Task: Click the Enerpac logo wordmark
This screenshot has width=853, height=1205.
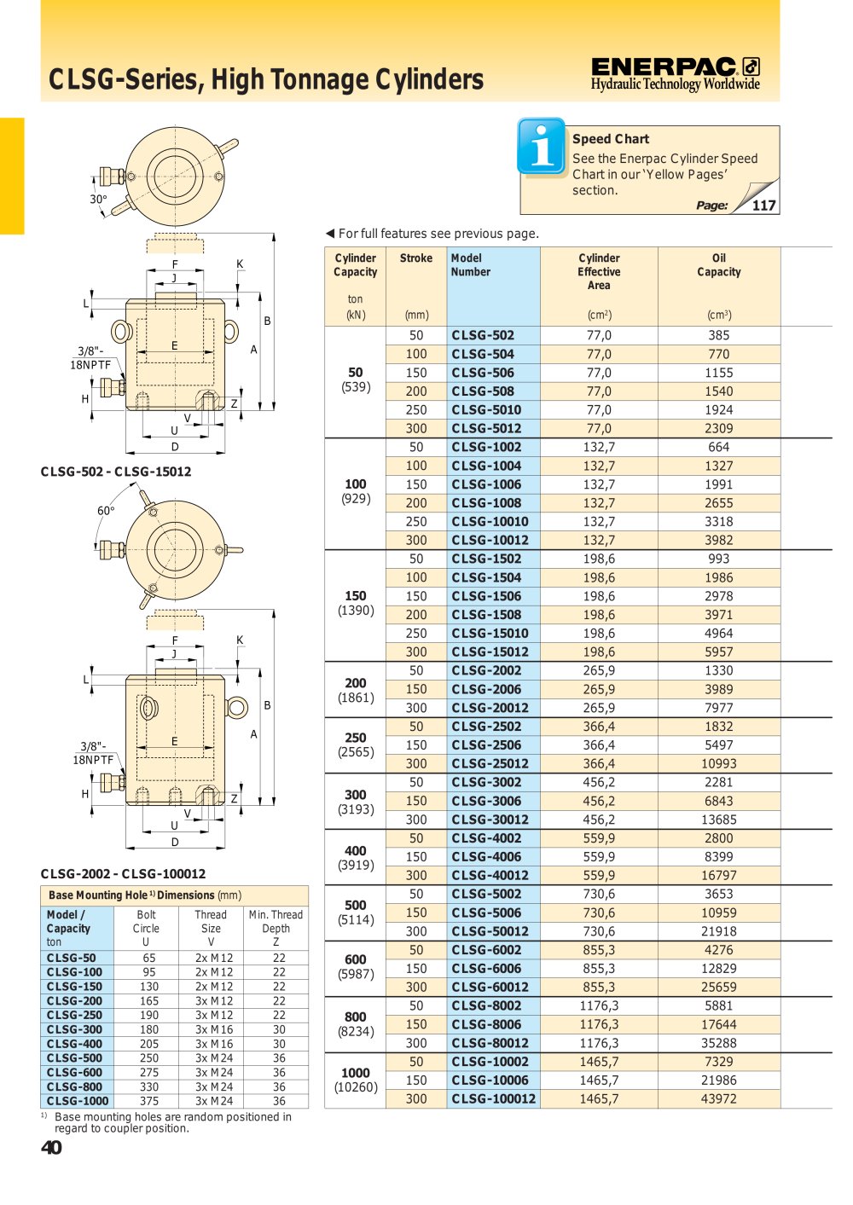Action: coord(663,67)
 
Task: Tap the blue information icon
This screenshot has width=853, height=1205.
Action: coord(542,146)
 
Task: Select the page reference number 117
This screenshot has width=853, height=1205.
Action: coord(763,205)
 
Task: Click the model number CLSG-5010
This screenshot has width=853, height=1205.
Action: coord(486,410)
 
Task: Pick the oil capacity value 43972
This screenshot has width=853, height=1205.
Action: coord(718,1098)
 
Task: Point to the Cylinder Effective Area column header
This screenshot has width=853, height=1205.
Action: coord(599,272)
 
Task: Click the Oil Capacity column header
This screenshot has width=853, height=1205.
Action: coord(718,264)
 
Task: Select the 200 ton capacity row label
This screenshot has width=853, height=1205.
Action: coord(355,690)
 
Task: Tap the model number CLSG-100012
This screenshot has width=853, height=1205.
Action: coord(494,1098)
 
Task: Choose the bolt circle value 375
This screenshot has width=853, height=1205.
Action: coord(149,1101)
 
